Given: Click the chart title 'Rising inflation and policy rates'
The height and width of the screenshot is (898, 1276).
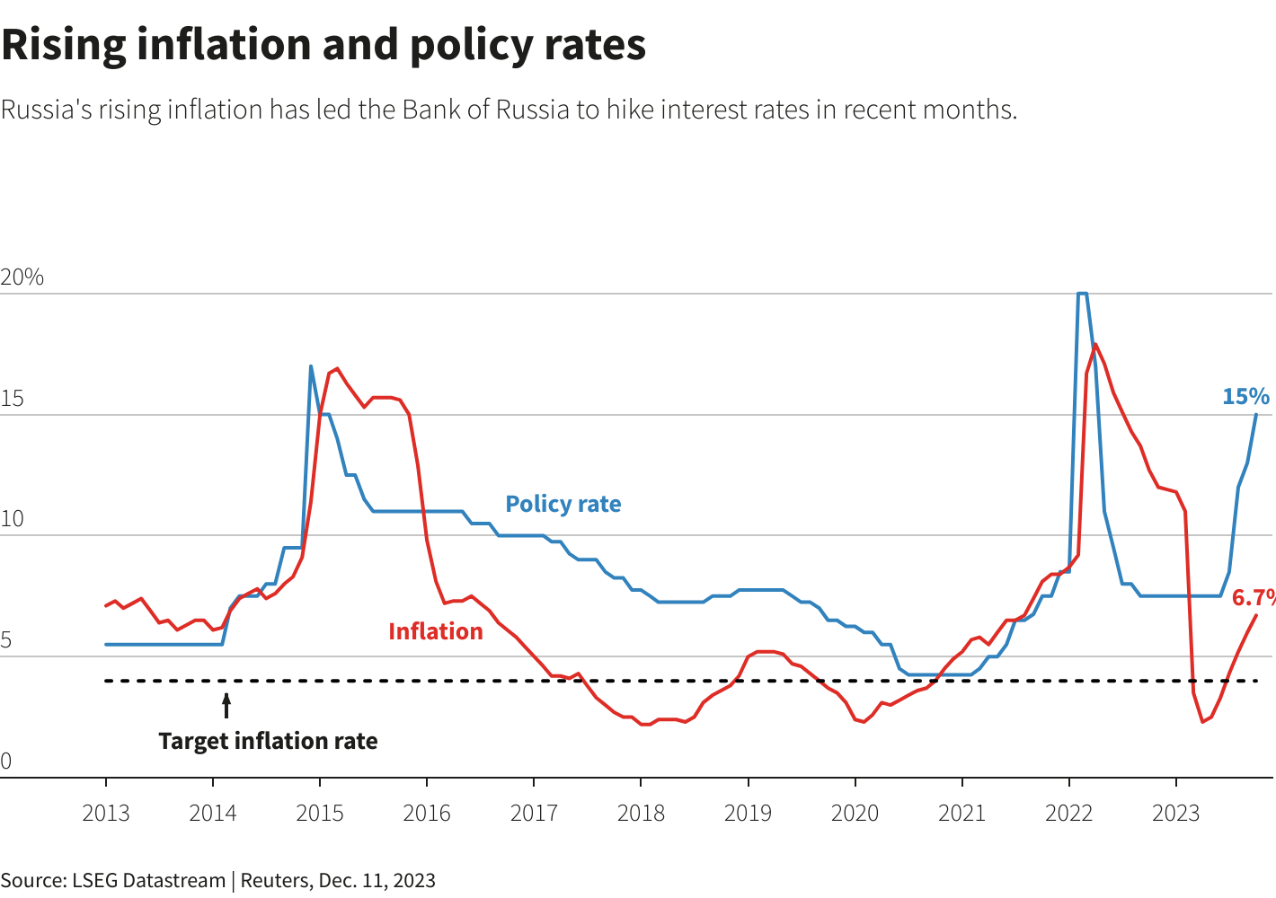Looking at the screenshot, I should (323, 45).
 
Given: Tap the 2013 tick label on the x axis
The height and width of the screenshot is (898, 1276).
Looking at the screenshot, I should (106, 814).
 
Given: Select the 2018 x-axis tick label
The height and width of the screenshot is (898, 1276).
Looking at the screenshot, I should (641, 814).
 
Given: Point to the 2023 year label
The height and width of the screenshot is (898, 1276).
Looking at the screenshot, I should (1175, 814).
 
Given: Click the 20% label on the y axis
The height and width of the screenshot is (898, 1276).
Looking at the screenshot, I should (22, 277).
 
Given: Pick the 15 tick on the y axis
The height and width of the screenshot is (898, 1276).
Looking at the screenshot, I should (13, 400).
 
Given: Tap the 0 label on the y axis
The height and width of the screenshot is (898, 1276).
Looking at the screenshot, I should (6, 762).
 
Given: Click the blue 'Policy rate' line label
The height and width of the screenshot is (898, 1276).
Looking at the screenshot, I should (563, 504).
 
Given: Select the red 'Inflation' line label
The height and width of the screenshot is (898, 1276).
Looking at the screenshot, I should (435, 631).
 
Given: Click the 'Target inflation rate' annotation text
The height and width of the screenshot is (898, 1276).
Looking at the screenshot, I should (268, 741).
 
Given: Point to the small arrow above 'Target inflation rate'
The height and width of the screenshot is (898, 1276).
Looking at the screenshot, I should (226, 705).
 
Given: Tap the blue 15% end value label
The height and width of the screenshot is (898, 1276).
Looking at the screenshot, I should (1245, 396).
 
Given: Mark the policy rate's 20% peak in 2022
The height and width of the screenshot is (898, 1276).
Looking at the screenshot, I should (1082, 294).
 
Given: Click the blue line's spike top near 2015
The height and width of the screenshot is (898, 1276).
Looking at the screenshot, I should (311, 366).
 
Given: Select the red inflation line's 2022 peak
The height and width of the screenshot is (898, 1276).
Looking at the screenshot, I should (1095, 344).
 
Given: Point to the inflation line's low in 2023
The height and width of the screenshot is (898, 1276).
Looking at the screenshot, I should (1202, 722).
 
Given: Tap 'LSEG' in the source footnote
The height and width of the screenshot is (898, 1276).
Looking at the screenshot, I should (94, 880).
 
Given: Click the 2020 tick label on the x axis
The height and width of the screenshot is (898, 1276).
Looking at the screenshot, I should (855, 814).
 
